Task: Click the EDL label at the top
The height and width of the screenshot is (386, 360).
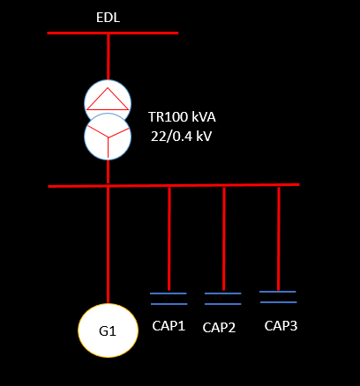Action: [108, 18]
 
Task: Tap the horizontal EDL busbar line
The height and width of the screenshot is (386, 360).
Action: [113, 33]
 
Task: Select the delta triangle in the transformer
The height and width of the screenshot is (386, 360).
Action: [108, 99]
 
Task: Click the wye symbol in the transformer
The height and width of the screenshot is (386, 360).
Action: [108, 138]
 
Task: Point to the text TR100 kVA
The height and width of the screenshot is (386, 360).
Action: [182, 117]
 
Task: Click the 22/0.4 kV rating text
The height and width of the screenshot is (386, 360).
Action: [181, 137]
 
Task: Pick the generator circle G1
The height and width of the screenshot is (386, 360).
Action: [108, 330]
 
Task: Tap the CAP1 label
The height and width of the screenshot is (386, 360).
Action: [169, 326]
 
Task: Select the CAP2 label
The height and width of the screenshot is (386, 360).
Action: [219, 328]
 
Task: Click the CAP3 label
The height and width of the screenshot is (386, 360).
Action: [281, 326]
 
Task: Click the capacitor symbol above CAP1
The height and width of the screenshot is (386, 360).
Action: [169, 299]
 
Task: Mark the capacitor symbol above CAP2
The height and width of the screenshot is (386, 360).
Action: [223, 299]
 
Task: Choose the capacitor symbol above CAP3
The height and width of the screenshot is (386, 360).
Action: [278, 297]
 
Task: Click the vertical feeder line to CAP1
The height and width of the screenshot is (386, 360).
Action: [169, 239]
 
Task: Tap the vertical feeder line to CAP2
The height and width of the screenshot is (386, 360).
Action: [224, 239]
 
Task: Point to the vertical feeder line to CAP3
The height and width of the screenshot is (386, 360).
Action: [279, 238]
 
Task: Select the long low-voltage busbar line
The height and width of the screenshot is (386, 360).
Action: [174, 185]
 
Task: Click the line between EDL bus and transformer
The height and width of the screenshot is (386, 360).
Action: [109, 57]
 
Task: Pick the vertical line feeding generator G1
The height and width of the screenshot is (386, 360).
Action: [108, 245]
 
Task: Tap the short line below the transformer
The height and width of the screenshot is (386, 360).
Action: [108, 172]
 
